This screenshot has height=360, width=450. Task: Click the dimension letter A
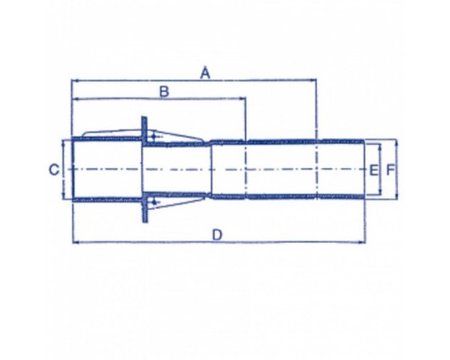tap(205, 73)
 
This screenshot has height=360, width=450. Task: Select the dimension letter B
tap(164, 92)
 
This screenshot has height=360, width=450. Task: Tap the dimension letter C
tap(54, 170)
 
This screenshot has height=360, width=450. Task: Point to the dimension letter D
tap(217, 235)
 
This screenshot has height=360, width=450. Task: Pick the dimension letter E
tap(373, 170)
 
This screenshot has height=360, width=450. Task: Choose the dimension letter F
tap(390, 170)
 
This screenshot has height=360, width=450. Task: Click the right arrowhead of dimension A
tap(313, 80)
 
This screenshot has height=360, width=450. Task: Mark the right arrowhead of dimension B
tap(243, 98)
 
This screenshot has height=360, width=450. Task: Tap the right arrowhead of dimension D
tap(362, 242)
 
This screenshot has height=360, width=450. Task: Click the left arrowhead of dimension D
tap(76, 242)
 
